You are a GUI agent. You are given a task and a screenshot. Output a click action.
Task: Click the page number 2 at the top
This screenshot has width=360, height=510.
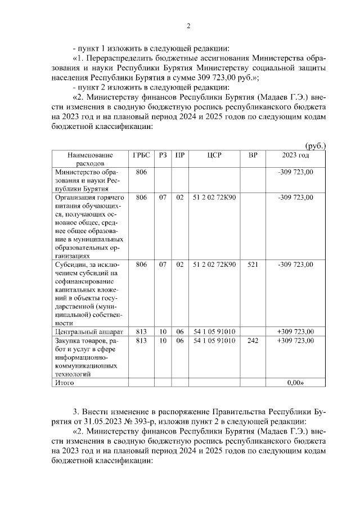(188, 26)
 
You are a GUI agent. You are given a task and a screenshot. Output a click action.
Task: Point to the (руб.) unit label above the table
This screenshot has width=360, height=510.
(315, 146)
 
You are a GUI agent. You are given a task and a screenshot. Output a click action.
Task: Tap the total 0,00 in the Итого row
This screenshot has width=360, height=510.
(295, 382)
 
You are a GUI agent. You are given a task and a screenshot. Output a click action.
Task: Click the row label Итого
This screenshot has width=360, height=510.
(64, 382)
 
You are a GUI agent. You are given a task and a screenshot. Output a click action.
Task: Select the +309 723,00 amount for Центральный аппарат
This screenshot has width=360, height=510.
(295, 331)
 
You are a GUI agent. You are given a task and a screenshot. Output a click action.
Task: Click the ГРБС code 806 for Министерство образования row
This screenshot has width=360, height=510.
(141, 172)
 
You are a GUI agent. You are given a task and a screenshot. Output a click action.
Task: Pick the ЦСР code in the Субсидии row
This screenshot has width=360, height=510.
(214, 264)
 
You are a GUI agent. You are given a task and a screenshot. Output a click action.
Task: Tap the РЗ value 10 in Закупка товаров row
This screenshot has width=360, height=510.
(163, 341)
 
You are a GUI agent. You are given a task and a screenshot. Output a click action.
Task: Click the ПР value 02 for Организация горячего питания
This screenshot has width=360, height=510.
(180, 198)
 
